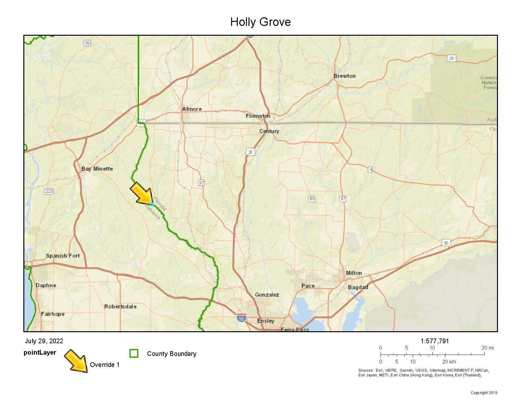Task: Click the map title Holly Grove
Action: click(260, 22)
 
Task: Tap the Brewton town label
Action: click(344, 76)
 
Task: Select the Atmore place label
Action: click(192, 109)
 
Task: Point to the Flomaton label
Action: click(258, 116)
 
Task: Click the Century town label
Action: click(269, 131)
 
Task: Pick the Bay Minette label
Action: click(97, 169)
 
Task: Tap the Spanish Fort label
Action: click(63, 256)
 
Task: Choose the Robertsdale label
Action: click(120, 307)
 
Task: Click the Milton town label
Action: click(354, 273)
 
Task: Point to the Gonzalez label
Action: click(267, 295)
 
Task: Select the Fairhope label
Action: click(53, 314)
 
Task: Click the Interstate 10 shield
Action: click(242, 318)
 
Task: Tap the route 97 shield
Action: click(201, 183)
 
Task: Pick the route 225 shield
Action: click(49, 191)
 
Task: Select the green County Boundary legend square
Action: click(134, 353)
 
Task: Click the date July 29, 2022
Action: click(44, 341)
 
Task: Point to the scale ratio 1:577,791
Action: click(434, 341)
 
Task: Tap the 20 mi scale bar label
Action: click(487, 348)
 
